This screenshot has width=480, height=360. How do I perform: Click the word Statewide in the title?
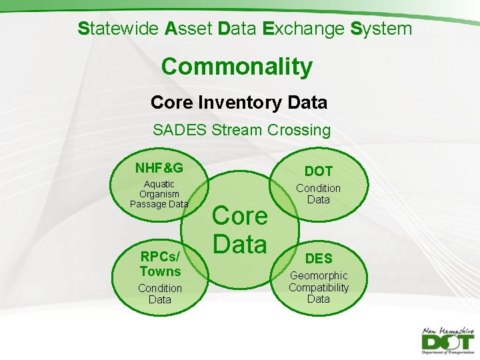[x=118, y=29]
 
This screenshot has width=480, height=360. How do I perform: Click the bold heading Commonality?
[x=237, y=67]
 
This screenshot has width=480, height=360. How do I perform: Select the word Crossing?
[x=299, y=130]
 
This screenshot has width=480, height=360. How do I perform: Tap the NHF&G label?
[x=159, y=167]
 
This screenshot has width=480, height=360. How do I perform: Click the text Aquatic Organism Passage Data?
[x=159, y=194]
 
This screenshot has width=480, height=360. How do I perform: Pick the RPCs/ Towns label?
[x=160, y=264]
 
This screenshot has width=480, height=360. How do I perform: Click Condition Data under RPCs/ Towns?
[x=160, y=294]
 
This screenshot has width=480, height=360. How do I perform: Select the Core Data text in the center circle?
[x=240, y=230]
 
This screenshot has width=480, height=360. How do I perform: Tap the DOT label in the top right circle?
[x=318, y=171]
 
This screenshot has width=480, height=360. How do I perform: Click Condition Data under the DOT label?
[x=318, y=194]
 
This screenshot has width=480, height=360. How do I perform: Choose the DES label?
[x=319, y=259]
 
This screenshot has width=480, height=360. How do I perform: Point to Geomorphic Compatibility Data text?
[x=319, y=287]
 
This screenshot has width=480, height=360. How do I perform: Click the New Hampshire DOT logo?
[x=447, y=340]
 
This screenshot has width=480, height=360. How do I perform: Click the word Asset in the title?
[x=189, y=29]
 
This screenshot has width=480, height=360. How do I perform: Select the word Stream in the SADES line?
[x=237, y=130]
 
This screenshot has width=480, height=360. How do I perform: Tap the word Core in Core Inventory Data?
[x=169, y=103]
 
